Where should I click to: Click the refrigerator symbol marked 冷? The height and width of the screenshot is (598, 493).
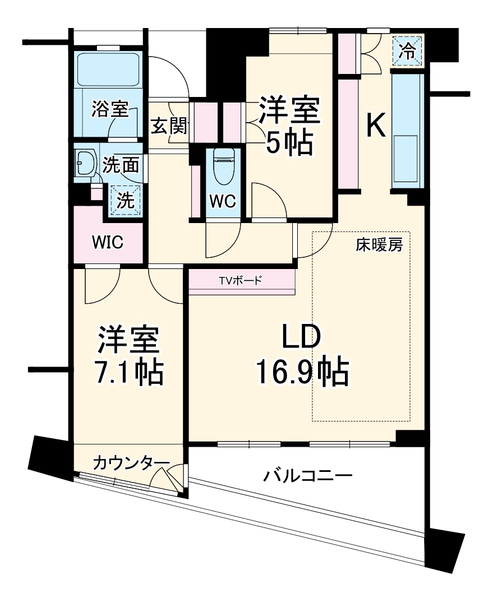click(x=408, y=52)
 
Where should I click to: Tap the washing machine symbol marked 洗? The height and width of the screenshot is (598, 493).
click(x=126, y=199)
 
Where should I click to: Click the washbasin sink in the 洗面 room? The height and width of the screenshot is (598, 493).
click(x=85, y=163)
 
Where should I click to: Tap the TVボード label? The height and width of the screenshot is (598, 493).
click(x=241, y=281)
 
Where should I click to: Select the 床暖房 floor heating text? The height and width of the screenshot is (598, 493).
click(x=379, y=245)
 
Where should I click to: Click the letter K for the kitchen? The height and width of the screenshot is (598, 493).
click(x=376, y=126)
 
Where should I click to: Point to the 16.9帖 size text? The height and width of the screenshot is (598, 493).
click(x=302, y=372)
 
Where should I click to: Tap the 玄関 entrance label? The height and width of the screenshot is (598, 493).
click(x=168, y=128)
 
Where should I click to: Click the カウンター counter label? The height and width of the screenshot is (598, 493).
click(x=130, y=463)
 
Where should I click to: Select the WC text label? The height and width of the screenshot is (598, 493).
click(x=223, y=201)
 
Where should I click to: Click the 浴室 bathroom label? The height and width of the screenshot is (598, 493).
click(x=110, y=109)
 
